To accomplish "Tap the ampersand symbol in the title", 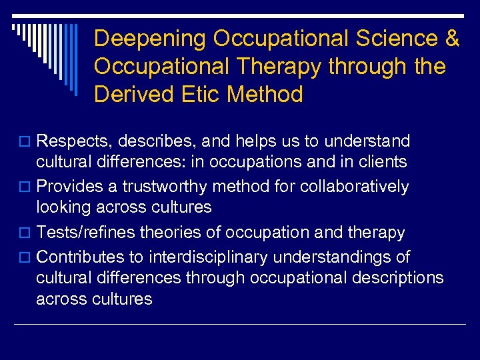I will click(451, 39).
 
